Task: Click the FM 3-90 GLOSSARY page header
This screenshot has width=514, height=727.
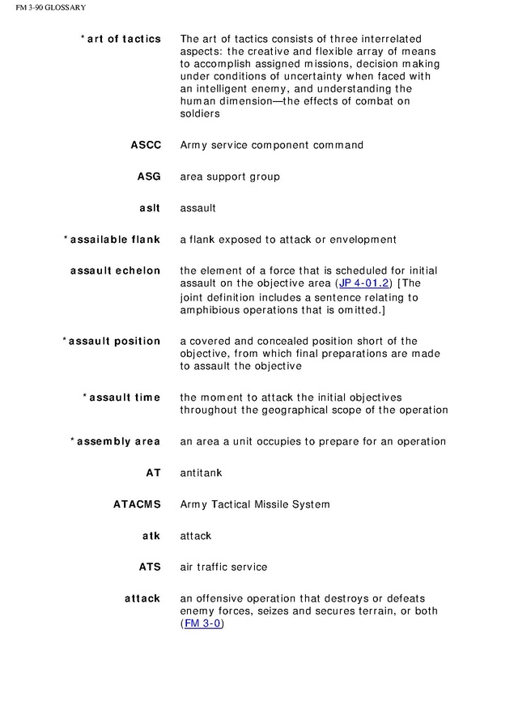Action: pos(45,8)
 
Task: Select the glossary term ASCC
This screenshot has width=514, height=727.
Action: pos(146,145)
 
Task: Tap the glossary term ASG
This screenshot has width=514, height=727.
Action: pos(149,176)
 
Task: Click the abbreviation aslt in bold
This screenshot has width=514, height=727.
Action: pos(151,208)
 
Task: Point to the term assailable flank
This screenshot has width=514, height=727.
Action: pos(115,240)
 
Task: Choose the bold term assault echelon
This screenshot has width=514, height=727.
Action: pos(115,270)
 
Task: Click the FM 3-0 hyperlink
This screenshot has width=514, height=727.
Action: pos(202,624)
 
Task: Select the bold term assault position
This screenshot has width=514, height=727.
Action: pos(114,341)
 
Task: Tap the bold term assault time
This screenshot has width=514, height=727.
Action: pos(124,398)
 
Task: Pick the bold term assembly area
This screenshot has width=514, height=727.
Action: pos(118,441)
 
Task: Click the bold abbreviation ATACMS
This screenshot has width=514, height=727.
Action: pos(137,504)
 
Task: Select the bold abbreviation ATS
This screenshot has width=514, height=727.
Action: pos(150,568)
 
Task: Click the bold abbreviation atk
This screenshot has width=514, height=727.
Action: pos(151,536)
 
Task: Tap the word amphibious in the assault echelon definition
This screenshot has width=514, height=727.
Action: pos(210,310)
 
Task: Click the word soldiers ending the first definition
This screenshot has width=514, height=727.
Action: pos(200,114)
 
